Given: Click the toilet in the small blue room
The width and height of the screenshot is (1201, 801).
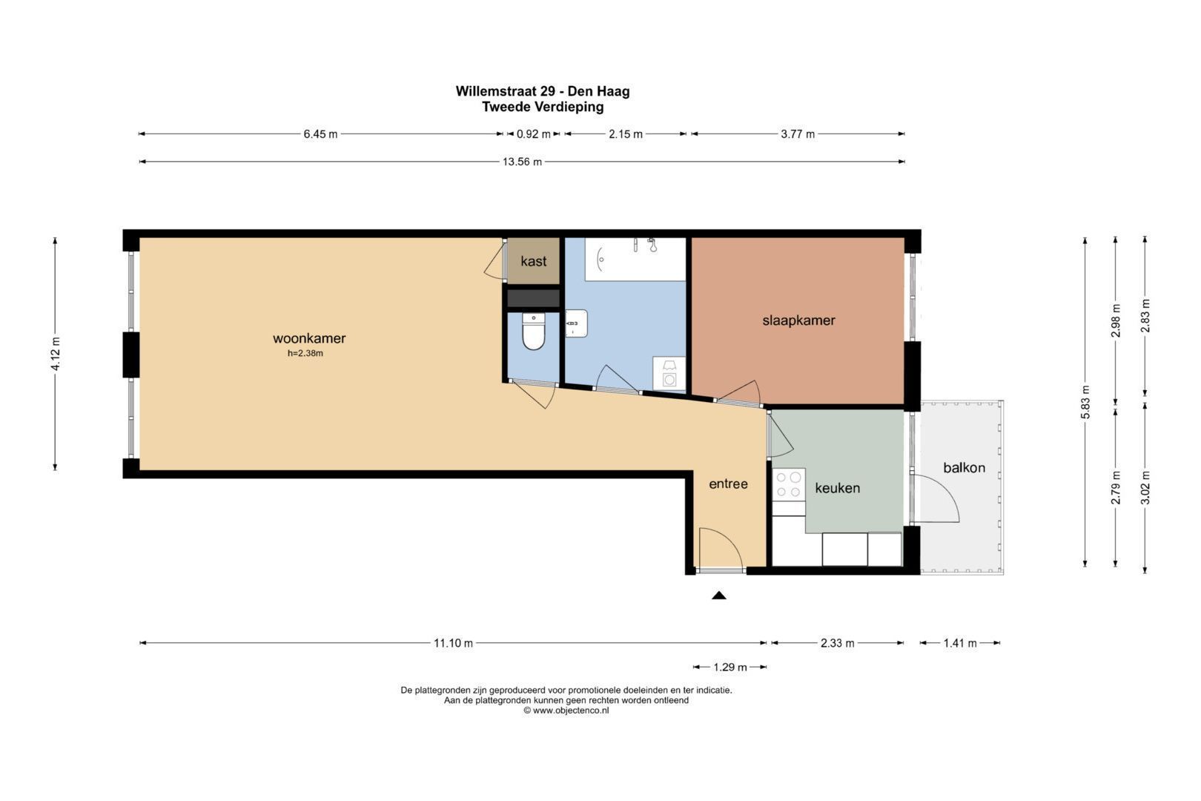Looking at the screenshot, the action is click(x=534, y=332).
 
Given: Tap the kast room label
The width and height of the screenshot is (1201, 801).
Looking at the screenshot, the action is click(x=534, y=261).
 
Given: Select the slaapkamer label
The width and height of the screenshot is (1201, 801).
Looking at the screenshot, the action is click(x=798, y=321).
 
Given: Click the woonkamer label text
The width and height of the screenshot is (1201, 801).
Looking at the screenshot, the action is click(x=309, y=338).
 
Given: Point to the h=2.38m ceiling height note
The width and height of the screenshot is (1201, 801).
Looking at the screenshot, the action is click(x=305, y=354).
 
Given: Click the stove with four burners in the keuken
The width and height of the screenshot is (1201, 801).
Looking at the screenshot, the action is click(x=789, y=485).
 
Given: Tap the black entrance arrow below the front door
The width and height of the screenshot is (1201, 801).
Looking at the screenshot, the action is click(x=719, y=595).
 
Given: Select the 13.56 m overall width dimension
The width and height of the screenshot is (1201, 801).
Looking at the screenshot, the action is click(x=522, y=162).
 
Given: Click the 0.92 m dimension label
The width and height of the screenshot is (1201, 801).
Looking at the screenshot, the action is click(x=534, y=134).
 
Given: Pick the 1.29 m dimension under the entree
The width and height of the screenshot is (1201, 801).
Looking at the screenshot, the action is click(x=729, y=667).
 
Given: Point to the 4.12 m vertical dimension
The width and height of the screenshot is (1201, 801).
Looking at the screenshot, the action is click(x=56, y=354).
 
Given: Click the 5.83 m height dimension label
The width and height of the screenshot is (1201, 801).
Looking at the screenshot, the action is click(x=1086, y=403).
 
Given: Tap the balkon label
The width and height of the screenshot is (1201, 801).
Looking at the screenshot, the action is click(x=964, y=468).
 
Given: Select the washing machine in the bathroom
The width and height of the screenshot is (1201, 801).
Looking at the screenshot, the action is click(x=669, y=373).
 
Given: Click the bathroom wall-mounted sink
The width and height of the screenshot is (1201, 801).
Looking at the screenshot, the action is click(x=576, y=323).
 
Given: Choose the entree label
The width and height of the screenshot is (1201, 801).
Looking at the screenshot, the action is click(x=728, y=484).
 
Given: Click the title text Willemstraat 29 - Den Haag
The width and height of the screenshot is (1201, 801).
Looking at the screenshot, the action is click(x=543, y=91).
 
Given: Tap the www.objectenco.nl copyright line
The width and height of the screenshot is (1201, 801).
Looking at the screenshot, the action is click(x=566, y=711).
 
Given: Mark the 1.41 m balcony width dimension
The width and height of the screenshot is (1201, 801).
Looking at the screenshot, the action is click(x=960, y=643).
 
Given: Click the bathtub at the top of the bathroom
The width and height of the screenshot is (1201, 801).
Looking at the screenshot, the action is click(x=635, y=259).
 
